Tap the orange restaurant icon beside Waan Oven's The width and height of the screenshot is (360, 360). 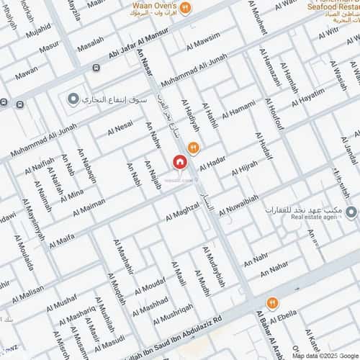tap(185, 8)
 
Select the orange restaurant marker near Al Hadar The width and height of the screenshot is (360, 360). tap(193, 148)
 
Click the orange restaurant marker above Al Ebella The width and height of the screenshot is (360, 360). tap(272, 303)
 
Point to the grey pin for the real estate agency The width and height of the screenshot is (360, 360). tap(351, 212)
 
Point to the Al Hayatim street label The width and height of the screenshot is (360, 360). tap(308, 96)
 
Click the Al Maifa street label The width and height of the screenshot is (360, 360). tap(60, 238)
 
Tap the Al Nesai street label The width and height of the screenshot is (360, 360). tap(120, 128)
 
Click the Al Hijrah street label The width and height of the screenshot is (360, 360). tap(245, 169)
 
